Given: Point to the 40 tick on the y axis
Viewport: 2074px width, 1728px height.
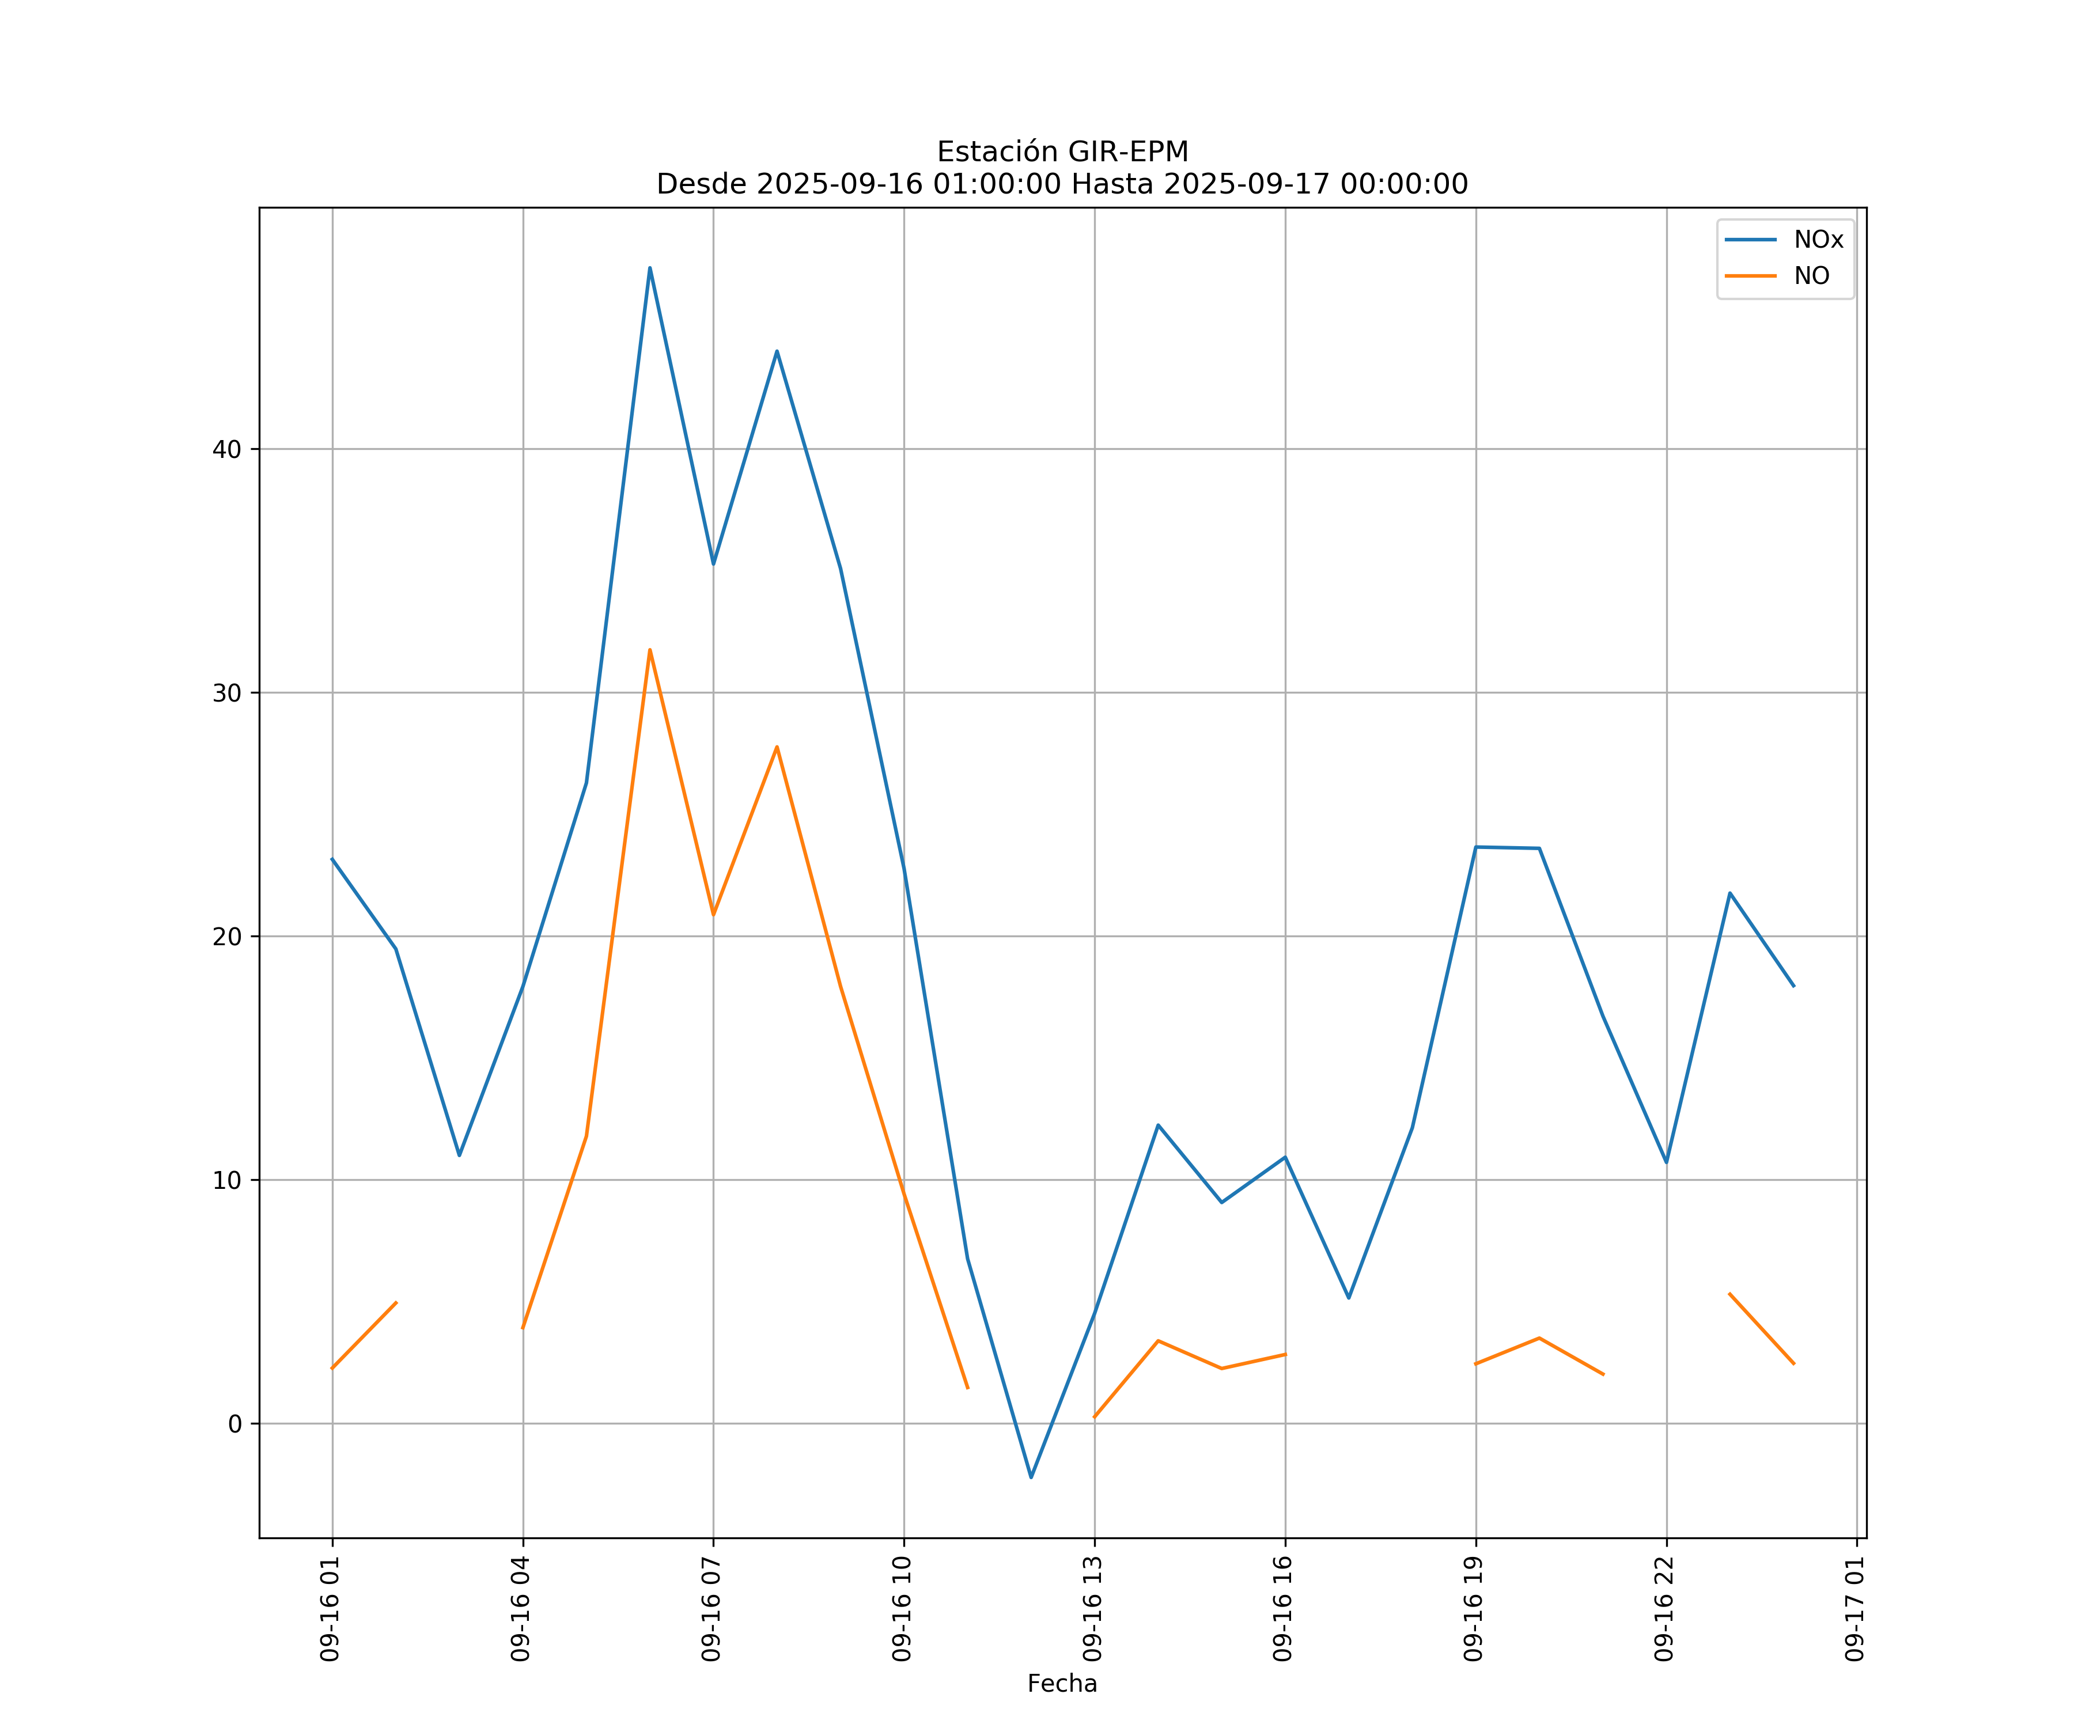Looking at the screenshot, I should tap(227, 449).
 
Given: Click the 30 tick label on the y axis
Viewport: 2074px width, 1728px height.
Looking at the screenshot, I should tap(227, 693).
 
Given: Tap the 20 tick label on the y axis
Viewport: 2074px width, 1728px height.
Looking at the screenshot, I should tap(227, 936).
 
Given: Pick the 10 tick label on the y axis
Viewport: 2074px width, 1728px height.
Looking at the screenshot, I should tap(227, 1180).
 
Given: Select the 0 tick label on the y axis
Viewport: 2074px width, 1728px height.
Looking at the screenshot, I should tap(235, 1424).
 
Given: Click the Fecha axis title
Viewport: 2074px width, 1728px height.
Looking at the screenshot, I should tap(1062, 1684).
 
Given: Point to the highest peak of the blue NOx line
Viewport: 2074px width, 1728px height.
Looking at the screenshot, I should tap(650, 268).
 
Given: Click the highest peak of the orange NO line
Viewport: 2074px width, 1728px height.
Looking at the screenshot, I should tap(650, 650).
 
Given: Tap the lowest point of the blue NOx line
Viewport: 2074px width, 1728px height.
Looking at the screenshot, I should tap(1031, 1477).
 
